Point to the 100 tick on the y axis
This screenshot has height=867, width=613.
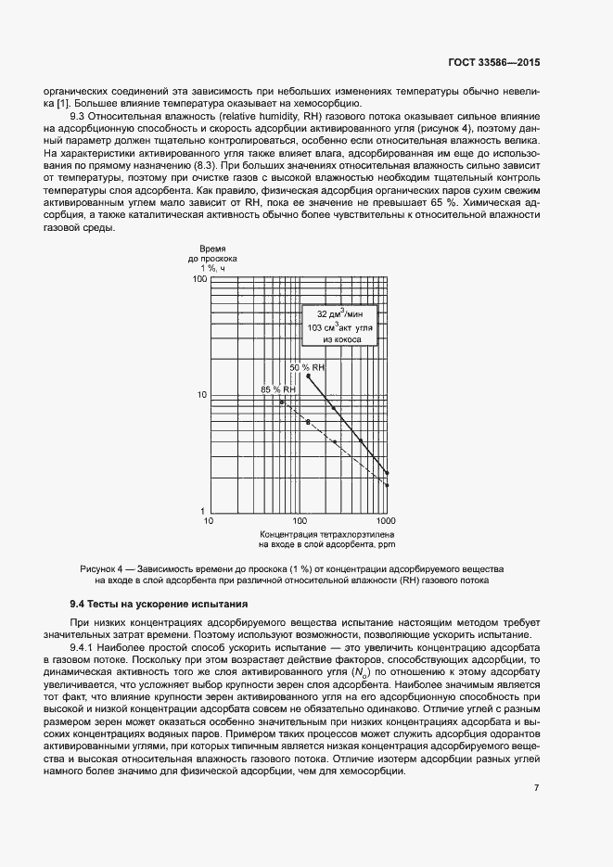198,278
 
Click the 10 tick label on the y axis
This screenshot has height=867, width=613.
200,395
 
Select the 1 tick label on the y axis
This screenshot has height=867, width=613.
203,511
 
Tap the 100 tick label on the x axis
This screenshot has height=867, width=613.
299,522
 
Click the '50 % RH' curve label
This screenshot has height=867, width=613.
307,368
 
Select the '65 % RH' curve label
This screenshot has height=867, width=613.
278,390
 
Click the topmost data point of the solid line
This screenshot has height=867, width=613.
308,376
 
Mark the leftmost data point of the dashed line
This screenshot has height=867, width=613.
281,402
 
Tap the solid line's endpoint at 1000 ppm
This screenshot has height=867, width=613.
387,473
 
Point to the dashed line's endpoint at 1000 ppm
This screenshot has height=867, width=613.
387,485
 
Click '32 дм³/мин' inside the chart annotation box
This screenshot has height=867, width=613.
339,314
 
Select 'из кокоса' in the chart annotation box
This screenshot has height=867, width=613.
339,340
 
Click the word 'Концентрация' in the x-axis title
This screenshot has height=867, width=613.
287,535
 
